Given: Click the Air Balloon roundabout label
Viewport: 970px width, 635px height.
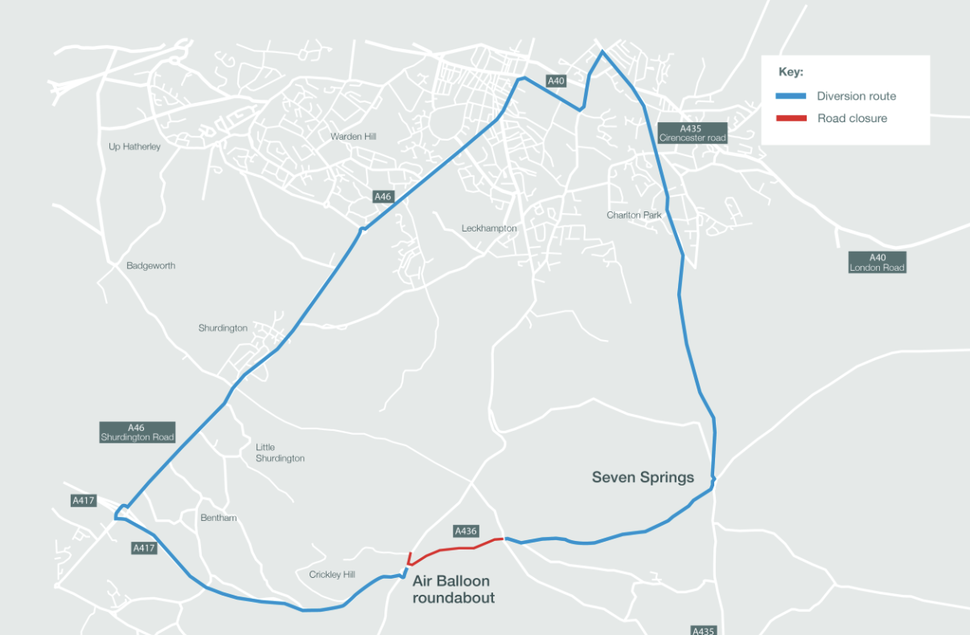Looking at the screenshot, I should (454, 589).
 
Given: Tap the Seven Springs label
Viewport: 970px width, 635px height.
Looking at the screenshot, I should (643, 477).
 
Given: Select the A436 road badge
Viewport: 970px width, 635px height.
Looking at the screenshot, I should (467, 531).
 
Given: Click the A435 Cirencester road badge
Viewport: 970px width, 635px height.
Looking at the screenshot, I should (692, 133).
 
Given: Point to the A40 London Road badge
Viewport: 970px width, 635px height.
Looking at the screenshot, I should (877, 263).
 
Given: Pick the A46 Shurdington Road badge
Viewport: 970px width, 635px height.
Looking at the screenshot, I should (138, 432).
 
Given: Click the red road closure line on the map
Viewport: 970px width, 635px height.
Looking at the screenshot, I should (455, 549).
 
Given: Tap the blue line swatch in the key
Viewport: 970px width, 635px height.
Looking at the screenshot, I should (791, 96).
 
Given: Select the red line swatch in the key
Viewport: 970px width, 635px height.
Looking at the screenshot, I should (791, 118).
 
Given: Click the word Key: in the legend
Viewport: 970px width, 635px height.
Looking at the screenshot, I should (791, 72).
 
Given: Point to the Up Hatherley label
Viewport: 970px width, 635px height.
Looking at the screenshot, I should (134, 146).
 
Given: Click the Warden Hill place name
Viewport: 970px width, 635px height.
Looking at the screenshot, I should (353, 137).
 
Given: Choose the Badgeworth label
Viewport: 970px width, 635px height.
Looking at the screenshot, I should (150, 265).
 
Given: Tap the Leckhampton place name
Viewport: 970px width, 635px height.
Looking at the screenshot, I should (489, 228).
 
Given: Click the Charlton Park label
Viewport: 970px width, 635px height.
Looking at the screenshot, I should (635, 215).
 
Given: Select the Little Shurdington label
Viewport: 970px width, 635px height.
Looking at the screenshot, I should (280, 453).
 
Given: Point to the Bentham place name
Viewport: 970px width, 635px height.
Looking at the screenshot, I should (219, 518).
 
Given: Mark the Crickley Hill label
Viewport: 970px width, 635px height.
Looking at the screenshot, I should (331, 575).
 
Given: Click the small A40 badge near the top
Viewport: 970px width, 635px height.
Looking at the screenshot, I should (557, 80).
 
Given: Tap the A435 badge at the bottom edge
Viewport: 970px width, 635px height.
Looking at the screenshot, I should (703, 630).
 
